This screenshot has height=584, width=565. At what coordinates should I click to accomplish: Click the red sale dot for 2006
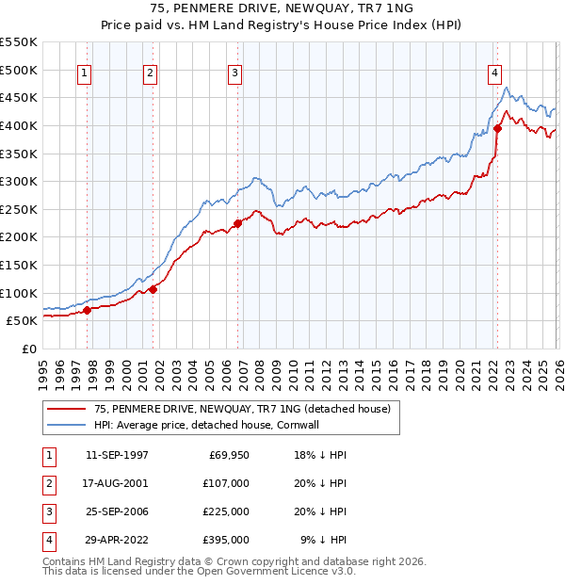237,223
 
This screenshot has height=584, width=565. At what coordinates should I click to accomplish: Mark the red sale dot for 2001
153,289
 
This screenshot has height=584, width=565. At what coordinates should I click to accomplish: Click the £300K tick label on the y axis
19,181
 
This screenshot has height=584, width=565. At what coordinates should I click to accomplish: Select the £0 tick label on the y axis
28,349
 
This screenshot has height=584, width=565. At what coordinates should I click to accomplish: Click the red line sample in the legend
67,409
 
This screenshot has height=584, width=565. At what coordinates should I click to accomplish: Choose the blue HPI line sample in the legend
67,425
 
